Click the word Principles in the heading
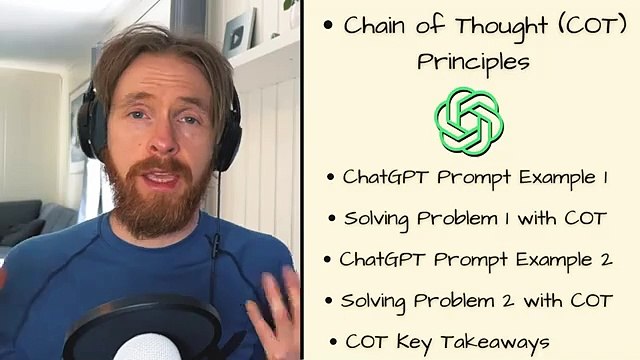(473, 62)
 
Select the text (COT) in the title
(573, 26)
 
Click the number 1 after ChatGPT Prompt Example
(604, 177)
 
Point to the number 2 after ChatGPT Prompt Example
(605, 259)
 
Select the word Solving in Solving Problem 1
(378, 218)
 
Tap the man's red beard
(160, 200)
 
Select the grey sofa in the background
(25, 225)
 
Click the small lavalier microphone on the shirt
(213, 243)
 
